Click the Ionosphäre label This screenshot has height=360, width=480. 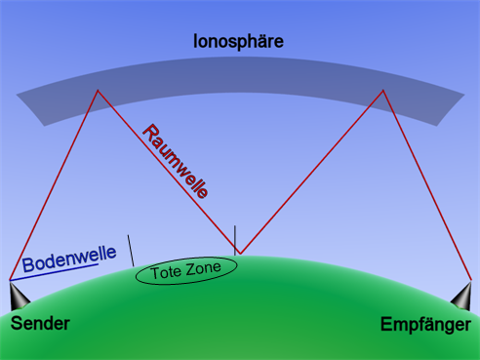point(238,42)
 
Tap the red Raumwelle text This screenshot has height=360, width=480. point(176,161)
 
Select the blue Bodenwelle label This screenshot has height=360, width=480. point(69,259)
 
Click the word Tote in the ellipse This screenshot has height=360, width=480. point(164,272)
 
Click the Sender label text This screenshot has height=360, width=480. point(40,323)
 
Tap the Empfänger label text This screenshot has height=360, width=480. point(425,325)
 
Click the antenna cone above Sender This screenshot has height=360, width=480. point(18,297)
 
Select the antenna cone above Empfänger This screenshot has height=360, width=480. point(462,297)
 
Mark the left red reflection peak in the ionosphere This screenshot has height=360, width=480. point(98,90)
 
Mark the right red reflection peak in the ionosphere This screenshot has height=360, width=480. point(383,90)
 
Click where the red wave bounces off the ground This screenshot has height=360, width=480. point(240,254)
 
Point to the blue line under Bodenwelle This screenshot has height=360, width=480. point(54,272)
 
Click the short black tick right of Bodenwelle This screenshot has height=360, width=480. point(131,251)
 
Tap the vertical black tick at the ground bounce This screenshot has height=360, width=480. point(235,240)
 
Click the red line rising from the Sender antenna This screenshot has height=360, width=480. point(54,185)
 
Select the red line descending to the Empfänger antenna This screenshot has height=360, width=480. point(427,185)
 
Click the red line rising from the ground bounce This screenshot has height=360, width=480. point(311,172)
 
